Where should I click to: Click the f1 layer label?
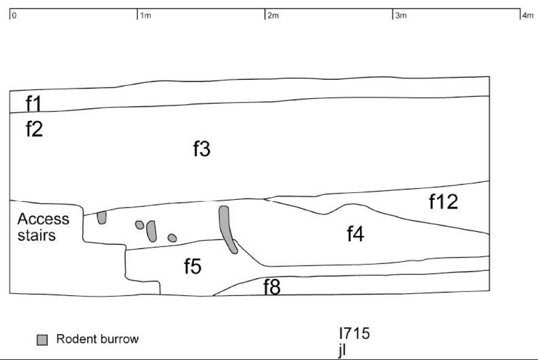[33, 104]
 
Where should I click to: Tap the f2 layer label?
[34, 129]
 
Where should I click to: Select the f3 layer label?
[202, 149]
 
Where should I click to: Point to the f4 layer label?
[356, 234]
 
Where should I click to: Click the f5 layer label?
[192, 266]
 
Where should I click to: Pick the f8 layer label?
[272, 286]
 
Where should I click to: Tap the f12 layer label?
[443, 201]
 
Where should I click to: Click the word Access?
[43, 219]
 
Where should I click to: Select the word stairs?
[36, 235]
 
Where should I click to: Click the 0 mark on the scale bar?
[14, 15]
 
